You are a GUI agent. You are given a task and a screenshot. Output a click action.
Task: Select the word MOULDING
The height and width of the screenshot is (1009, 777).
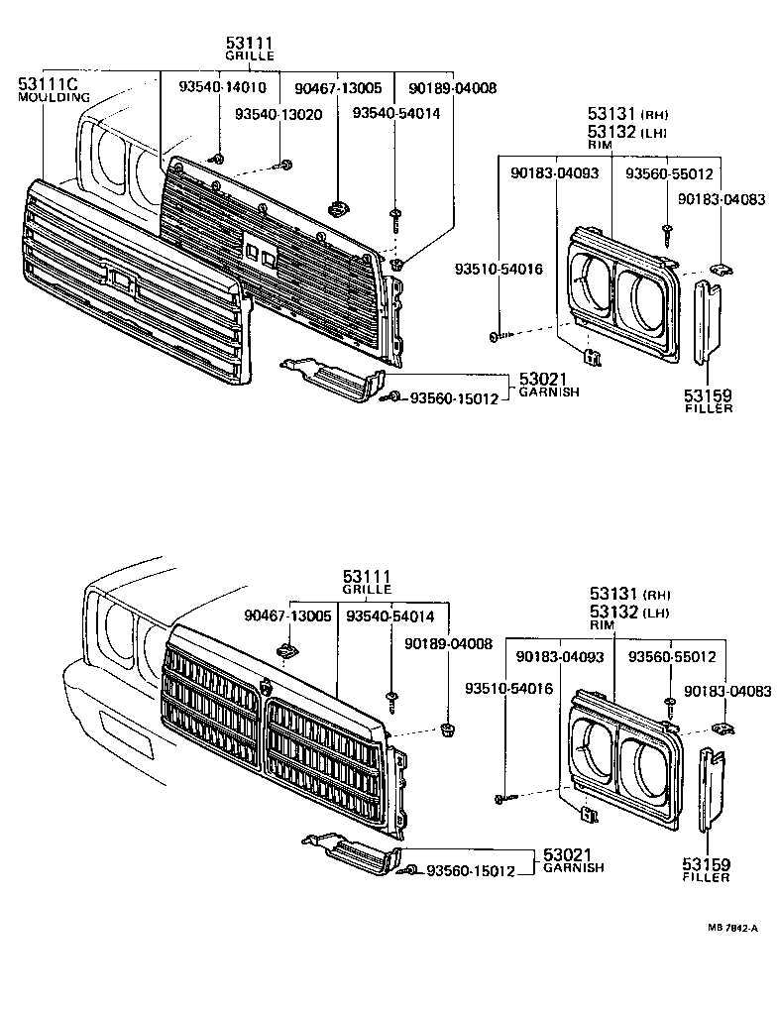tap(55, 98)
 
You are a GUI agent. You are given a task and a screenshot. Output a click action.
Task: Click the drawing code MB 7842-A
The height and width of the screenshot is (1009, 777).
tap(732, 928)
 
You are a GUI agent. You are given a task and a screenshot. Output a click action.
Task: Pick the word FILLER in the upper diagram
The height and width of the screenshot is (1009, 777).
tap(709, 408)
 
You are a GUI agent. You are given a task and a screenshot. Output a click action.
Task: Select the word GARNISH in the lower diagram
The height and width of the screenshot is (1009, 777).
tap(574, 867)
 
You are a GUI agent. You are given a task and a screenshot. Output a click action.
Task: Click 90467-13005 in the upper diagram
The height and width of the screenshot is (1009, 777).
tap(338, 87)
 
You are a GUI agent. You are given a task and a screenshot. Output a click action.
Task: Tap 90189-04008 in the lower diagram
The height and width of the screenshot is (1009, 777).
tap(448, 643)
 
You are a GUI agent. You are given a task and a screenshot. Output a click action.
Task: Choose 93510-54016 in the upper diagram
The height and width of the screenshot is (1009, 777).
tap(499, 269)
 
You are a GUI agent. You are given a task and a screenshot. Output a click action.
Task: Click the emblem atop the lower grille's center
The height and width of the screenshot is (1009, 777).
tap(266, 687)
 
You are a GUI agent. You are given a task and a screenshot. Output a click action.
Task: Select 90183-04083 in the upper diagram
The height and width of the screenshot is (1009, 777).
tap(721, 199)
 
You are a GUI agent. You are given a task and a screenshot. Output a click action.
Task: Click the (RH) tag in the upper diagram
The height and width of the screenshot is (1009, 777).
tap(656, 114)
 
